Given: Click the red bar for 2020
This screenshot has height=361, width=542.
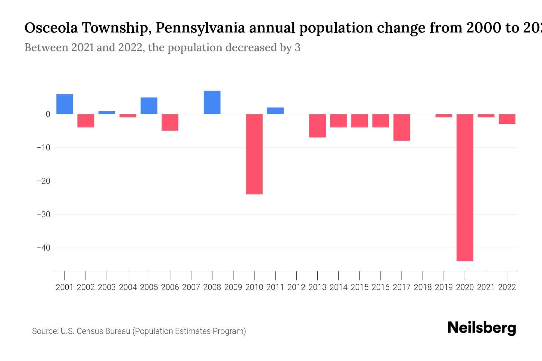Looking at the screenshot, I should point(465,187).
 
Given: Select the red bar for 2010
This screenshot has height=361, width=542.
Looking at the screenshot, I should point(254,154).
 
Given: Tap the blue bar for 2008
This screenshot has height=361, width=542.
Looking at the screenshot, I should point(212,102).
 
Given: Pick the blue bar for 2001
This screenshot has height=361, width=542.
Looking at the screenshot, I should point(65,104).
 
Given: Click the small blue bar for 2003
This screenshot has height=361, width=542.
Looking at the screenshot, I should point(107,113).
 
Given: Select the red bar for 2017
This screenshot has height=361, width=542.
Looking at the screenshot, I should point(402,127).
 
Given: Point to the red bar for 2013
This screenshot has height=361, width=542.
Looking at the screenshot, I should point(317,126).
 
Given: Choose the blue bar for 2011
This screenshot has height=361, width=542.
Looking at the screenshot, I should point(275,111).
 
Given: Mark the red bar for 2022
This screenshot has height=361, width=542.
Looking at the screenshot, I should point(507,119).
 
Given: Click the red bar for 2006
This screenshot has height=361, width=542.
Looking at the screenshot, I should point(170,122).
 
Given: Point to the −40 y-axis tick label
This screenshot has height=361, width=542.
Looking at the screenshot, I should point(43,248).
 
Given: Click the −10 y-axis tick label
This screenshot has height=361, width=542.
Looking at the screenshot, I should point(43,148).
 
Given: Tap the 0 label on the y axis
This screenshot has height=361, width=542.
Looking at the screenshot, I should point(48,114).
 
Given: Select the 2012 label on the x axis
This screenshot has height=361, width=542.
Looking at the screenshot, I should point(296,287).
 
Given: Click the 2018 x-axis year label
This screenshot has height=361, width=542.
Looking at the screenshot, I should point(423,287).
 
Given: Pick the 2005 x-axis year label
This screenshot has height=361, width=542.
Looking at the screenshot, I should point(149,287).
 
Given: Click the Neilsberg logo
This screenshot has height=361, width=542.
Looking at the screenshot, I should point(482,328).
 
